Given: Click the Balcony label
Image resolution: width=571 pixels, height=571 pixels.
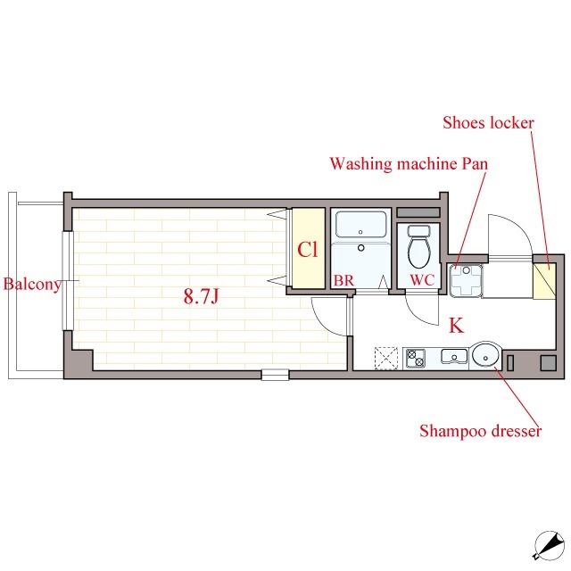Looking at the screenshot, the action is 32,285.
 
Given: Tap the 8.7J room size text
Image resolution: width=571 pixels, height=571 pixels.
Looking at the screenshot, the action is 201,296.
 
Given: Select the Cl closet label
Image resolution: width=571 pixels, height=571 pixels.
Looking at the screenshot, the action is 307,250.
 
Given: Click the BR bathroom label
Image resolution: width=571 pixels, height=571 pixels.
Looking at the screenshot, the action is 343,280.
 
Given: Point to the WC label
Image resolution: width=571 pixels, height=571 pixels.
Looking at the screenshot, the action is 422,280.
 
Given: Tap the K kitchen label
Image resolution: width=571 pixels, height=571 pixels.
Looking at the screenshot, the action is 456,326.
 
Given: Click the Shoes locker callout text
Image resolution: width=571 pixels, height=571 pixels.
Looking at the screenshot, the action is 488,123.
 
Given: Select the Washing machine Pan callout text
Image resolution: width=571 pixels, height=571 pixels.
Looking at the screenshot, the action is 409,164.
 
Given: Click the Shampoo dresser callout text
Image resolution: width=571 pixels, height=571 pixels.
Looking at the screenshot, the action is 480,431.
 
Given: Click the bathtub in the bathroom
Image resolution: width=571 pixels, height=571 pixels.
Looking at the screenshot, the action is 360,224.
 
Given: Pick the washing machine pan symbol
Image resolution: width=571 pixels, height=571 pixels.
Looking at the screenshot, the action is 466,280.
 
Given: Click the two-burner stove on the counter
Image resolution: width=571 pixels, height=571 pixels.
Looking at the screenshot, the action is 416,359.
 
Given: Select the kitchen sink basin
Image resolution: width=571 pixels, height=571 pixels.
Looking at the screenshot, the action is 454,356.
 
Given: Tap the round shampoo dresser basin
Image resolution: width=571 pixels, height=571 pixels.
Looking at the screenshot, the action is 485,356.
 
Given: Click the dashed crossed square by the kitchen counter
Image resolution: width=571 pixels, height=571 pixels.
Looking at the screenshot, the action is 386,359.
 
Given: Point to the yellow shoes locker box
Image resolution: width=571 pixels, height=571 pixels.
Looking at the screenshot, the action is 544,281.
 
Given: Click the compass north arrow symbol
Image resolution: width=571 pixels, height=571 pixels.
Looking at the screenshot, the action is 550,545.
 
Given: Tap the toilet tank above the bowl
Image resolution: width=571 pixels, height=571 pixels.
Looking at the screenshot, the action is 419,230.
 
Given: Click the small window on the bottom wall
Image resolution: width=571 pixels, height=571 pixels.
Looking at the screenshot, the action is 275,375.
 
